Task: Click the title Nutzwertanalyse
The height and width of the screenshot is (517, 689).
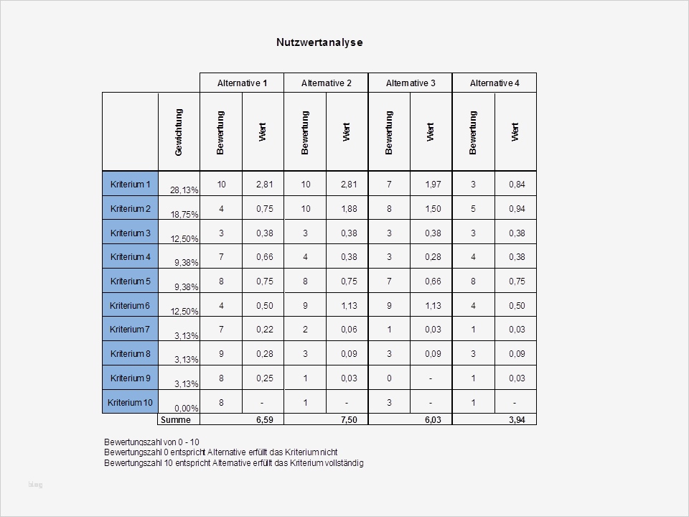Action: point(319,42)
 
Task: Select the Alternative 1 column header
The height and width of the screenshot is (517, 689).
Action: point(242,83)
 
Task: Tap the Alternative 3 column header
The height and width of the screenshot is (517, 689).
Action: point(411,83)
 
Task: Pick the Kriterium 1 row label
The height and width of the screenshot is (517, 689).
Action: point(130,185)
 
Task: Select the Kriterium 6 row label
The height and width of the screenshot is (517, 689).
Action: point(130,306)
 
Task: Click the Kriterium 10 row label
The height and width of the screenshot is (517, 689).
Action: point(130,403)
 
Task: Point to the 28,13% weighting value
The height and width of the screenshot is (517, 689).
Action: point(184,190)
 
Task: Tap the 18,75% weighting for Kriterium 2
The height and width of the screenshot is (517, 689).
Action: point(184,215)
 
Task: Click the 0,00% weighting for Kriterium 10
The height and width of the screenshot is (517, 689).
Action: point(186,408)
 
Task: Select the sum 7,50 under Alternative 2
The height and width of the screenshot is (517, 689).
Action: point(348,420)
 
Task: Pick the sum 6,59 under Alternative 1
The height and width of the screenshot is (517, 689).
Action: point(264,420)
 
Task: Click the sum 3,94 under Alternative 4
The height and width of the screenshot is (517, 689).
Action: point(517,420)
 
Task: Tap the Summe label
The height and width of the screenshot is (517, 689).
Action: point(176,420)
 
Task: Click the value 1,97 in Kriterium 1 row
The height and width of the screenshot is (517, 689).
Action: point(433,185)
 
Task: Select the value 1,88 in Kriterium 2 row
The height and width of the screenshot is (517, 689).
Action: point(348,209)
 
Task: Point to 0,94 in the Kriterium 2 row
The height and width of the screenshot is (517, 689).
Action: point(517,209)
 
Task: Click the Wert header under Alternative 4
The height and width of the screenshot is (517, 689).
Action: point(515,132)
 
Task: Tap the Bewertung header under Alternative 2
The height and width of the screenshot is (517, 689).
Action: point(305,132)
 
